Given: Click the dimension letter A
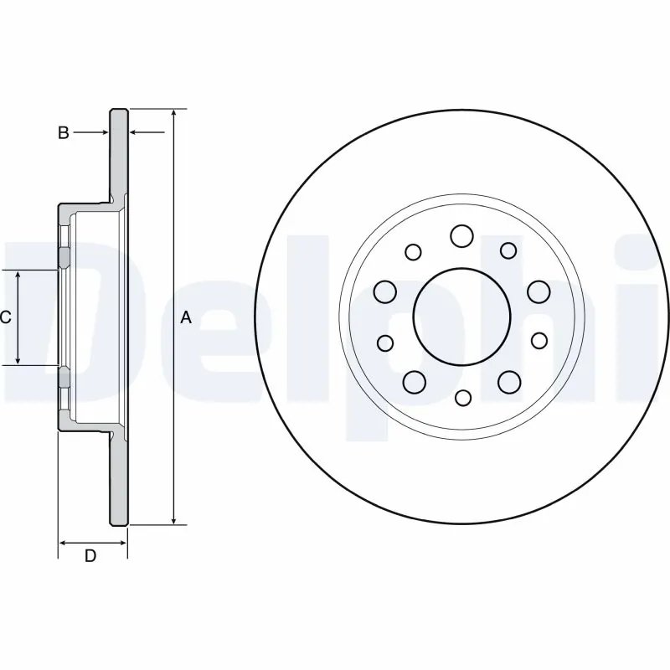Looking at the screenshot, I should (x=186, y=317).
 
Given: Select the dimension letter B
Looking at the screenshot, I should (x=63, y=132).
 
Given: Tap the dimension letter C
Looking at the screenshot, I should (x=5, y=317).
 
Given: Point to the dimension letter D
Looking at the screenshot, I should (x=90, y=557).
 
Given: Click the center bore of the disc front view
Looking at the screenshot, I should (x=461, y=316).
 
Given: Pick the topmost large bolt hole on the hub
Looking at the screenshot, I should (x=461, y=236).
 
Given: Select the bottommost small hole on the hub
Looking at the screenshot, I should (x=462, y=398).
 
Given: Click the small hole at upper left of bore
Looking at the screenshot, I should (x=413, y=251).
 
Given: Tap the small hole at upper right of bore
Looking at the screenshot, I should (x=508, y=250).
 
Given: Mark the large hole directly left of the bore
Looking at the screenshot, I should (x=384, y=291).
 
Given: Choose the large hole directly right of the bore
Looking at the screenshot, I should (x=539, y=291).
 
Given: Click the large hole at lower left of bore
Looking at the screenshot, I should (x=414, y=382).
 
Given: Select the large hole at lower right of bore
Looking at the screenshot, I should (x=509, y=382).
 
